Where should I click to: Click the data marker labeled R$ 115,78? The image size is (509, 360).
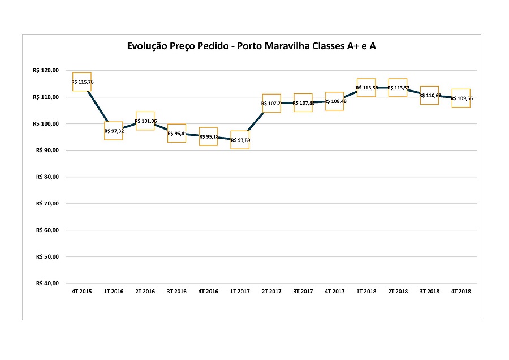[x=82, y=82]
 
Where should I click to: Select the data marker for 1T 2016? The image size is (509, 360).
[x=114, y=131]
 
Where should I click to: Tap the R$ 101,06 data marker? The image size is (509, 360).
[x=145, y=121]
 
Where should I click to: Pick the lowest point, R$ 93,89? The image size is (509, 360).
[x=240, y=140]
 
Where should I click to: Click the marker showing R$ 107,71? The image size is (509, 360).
[x=271, y=104]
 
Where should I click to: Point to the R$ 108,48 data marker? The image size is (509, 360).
[x=335, y=101]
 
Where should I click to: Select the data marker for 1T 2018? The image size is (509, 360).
[x=366, y=88]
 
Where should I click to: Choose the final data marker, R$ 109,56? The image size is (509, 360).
[x=461, y=98]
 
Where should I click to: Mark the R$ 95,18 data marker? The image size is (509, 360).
[x=209, y=136]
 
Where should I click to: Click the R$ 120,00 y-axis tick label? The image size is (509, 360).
[x=46, y=71]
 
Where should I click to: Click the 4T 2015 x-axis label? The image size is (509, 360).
[x=82, y=292]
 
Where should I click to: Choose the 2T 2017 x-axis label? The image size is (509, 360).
[x=271, y=292]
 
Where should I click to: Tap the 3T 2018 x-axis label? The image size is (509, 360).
[x=430, y=292]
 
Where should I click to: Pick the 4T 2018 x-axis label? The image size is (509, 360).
[x=461, y=292]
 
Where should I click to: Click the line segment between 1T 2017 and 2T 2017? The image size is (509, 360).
[x=256, y=122]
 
